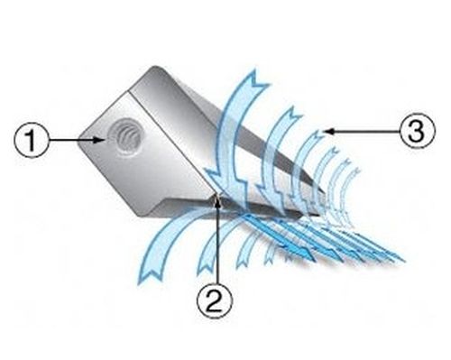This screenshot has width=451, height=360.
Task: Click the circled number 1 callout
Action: point(32,141)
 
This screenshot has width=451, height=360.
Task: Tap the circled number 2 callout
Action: point(215,301)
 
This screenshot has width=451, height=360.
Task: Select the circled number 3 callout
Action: point(417,131)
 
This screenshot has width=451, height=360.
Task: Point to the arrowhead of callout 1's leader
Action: point(101,140)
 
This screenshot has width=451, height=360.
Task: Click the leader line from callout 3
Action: point(363,131)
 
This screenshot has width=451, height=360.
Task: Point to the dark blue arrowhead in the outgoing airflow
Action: point(304,252)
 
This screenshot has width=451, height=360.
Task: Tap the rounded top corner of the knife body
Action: point(155,69)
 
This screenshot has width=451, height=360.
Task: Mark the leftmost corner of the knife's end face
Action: point(79,142)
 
